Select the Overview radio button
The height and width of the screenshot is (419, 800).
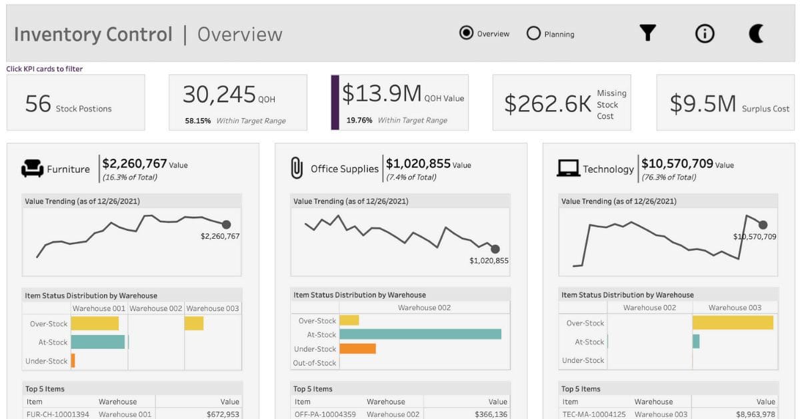click(x=467, y=33)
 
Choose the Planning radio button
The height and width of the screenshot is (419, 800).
click(x=533, y=33)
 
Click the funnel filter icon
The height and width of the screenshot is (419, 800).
click(x=647, y=33)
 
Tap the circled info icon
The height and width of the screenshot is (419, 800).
click(x=705, y=33)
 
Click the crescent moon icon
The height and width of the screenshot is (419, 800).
click(x=757, y=33)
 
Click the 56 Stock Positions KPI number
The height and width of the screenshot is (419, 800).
click(x=38, y=103)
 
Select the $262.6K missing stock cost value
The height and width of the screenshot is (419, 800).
click(x=547, y=104)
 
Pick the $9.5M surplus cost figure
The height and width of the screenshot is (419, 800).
click(x=703, y=104)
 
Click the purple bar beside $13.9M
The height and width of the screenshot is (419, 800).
click(x=335, y=102)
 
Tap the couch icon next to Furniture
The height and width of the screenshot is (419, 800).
click(x=32, y=169)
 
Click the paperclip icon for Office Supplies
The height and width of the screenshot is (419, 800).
click(x=297, y=168)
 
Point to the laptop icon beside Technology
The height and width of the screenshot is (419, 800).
click(x=568, y=169)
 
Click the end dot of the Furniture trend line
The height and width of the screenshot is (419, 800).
click(x=226, y=225)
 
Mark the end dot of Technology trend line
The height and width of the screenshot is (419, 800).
click(x=763, y=225)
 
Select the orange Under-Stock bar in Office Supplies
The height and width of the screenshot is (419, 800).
click(x=357, y=348)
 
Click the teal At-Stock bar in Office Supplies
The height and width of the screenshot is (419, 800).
click(x=420, y=334)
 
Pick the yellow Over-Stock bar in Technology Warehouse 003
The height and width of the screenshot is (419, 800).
click(x=733, y=323)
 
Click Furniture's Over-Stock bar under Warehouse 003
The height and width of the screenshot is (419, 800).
click(x=194, y=324)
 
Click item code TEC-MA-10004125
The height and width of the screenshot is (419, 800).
click(x=593, y=414)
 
